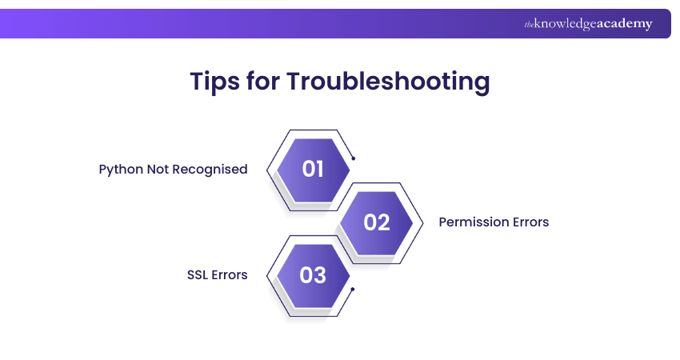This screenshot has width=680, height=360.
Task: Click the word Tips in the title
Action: [x=214, y=81]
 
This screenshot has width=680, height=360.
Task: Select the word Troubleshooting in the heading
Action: [x=388, y=81]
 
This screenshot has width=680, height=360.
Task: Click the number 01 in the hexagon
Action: [x=313, y=169]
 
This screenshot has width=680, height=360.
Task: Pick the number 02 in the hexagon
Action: [x=377, y=222]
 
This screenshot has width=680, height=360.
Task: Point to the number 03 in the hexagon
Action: [x=313, y=275]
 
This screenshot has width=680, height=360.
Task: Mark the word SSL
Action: [x=198, y=275]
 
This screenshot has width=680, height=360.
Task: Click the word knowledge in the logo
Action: [x=565, y=24]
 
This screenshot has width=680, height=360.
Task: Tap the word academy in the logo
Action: [x=625, y=24]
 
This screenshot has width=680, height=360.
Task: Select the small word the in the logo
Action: [x=529, y=25]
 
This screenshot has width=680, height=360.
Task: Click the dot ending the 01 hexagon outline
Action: [x=354, y=158]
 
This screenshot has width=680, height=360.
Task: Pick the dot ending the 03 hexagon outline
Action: [x=353, y=290]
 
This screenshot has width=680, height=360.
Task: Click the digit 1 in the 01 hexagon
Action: [x=318, y=169]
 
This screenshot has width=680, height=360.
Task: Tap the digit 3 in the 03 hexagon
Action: [x=320, y=275]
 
